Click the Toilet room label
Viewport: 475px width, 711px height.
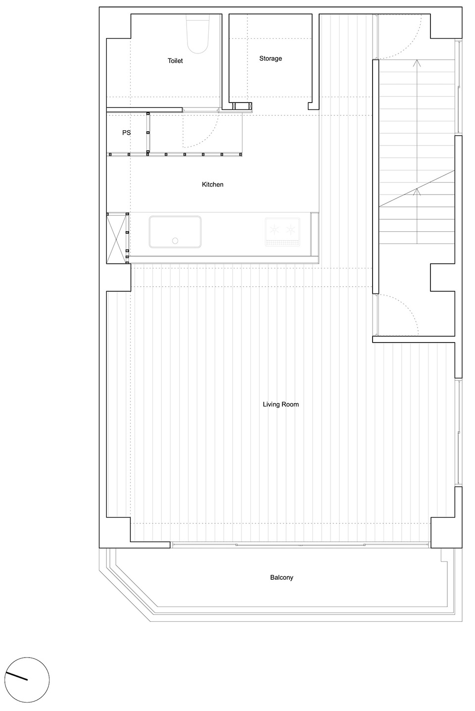175,60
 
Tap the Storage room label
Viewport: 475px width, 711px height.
270,58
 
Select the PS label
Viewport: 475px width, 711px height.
126,133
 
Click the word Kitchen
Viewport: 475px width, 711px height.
213,184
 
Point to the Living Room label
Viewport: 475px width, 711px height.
281,405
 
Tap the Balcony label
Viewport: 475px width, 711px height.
282,577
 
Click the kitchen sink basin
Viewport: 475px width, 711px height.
175,232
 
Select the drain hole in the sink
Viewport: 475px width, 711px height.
175,241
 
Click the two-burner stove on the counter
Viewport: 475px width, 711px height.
283,232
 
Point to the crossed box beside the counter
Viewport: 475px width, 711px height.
118,238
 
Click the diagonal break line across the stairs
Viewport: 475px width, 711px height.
417,189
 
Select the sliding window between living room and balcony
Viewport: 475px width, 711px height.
300,545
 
